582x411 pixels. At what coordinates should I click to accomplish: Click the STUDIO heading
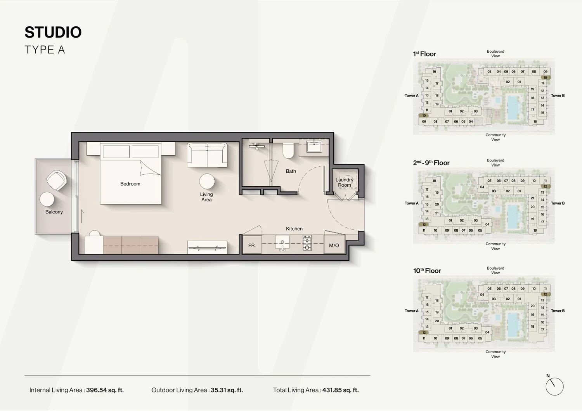coord(53,32)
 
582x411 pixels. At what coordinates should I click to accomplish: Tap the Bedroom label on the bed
coord(130,184)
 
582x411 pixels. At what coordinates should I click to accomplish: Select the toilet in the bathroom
coord(288,150)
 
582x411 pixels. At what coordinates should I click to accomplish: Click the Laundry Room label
coord(344,182)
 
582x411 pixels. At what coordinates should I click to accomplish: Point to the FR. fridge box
coord(252,245)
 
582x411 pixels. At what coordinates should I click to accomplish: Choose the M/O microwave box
coord(334,245)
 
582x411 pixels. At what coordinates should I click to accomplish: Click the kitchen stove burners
coord(307,243)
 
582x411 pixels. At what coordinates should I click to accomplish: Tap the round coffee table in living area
coord(207,181)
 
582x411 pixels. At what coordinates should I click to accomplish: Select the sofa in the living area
coord(207,155)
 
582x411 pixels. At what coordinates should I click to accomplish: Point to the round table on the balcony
coord(47,199)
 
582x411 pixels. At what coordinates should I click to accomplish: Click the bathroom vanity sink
coord(314,147)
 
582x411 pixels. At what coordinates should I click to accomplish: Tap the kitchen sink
coord(282,243)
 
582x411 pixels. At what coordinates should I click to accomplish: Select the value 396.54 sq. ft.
coord(105,390)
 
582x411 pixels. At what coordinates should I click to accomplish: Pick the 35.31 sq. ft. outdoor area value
coord(227,390)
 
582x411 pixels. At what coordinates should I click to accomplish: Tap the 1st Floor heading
coord(424,54)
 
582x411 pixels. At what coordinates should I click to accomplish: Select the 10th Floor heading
coord(427,271)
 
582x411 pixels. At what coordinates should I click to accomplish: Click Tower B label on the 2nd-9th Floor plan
coord(558,203)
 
